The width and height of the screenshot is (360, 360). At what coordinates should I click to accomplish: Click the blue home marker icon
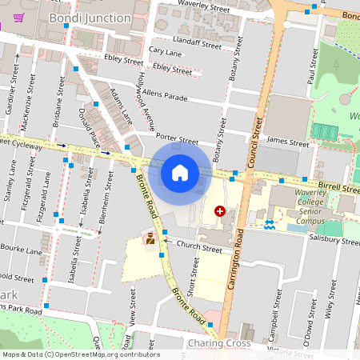(x=179, y=172)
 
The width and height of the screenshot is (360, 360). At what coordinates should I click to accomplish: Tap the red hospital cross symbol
(x=219, y=211)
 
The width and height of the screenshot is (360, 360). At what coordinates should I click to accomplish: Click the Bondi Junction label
(x=90, y=18)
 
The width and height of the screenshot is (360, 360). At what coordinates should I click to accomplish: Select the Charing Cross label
(x=218, y=343)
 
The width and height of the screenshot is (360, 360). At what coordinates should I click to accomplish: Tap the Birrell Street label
(x=327, y=186)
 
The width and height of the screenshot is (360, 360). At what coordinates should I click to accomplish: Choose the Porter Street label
(x=177, y=139)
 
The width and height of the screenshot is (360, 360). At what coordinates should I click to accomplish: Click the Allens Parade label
(x=166, y=97)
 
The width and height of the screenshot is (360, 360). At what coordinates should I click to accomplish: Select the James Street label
(x=288, y=143)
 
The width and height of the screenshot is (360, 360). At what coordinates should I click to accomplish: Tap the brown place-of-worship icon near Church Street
(x=150, y=238)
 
